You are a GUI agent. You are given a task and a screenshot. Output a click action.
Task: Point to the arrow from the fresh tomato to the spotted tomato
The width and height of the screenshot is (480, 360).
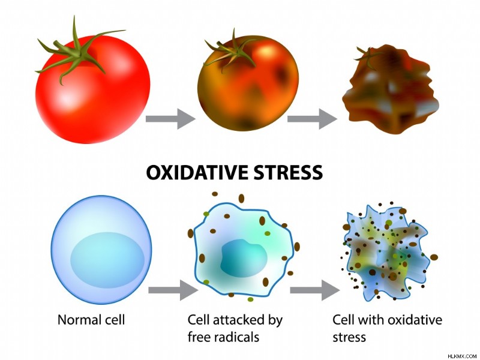[170, 118]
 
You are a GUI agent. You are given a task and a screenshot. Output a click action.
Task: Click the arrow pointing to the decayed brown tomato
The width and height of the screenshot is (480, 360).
[312, 118]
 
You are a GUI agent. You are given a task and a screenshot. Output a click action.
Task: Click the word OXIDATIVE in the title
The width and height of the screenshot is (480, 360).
[197, 172]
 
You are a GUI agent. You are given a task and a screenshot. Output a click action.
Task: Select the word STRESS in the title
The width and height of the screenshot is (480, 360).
[288, 172]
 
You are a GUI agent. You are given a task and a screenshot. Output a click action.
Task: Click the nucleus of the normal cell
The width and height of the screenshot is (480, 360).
[107, 260]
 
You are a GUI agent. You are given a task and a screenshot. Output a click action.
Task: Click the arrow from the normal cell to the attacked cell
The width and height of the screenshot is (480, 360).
[173, 290]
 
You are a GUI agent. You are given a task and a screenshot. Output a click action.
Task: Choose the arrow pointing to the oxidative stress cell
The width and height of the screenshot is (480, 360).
[315, 290]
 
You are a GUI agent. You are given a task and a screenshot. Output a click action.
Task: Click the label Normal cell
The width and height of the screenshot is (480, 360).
[91, 320]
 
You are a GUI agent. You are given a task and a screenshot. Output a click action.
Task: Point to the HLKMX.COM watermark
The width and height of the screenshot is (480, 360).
[462, 356]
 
